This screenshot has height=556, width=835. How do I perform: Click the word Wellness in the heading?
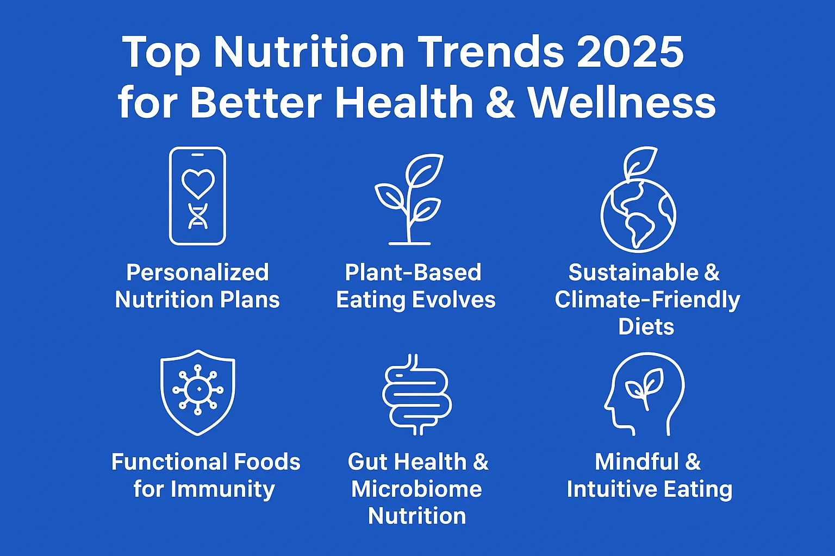[x=622, y=102]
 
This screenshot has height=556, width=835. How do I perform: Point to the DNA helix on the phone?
[x=198, y=216]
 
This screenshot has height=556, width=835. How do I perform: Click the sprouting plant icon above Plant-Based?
[x=409, y=199]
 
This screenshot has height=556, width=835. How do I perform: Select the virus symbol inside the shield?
[x=198, y=389]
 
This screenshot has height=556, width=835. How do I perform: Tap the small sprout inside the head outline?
[x=645, y=387]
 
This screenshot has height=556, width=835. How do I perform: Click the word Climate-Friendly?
[x=647, y=300]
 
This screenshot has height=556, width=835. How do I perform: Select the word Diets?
[x=646, y=327]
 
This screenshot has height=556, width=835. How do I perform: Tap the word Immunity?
[x=222, y=490]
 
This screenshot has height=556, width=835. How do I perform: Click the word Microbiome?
[x=416, y=489]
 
